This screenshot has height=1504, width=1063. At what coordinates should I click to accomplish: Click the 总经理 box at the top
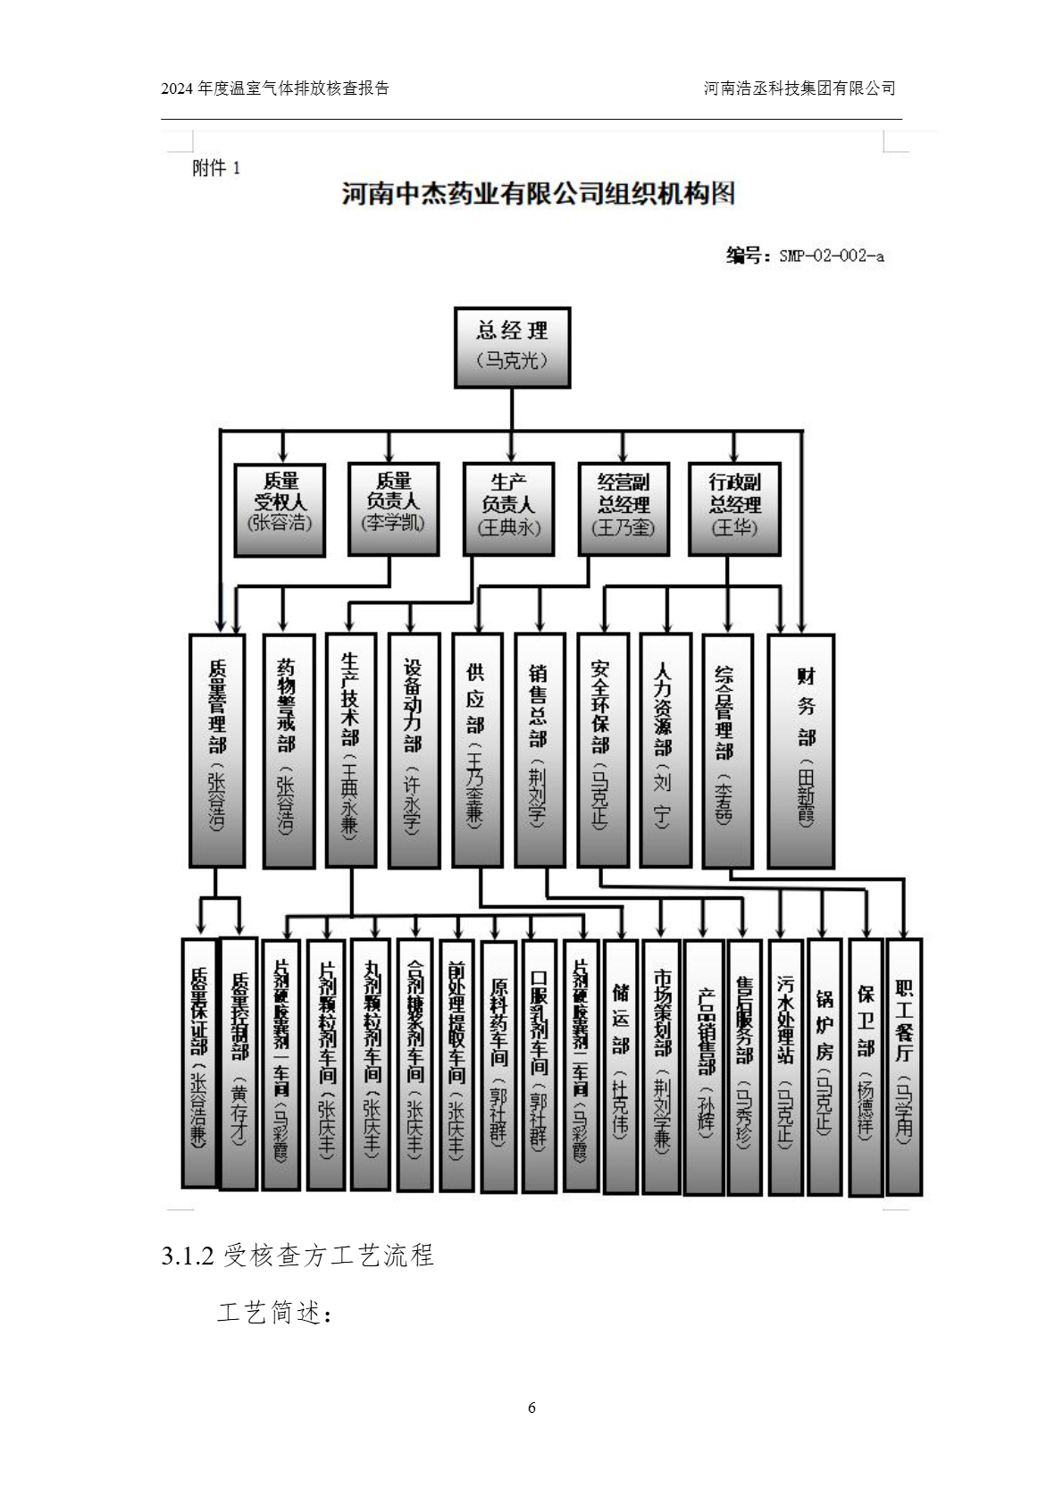pyautogui.click(x=512, y=348)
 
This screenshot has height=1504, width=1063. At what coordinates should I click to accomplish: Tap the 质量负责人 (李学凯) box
pyautogui.click(x=393, y=509)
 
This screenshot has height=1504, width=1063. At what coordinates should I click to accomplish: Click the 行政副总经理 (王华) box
pyautogui.click(x=734, y=509)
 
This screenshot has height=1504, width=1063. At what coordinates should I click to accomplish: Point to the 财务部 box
pyautogui.click(x=802, y=751)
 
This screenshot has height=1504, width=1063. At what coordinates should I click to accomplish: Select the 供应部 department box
pyautogui.click(x=477, y=751)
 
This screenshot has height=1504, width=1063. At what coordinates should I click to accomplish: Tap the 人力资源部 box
pyautogui.click(x=665, y=751)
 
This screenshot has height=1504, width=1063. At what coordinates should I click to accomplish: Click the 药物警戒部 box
pyautogui.click(x=289, y=751)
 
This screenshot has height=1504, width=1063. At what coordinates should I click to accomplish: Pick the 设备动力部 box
pyautogui.click(x=414, y=751)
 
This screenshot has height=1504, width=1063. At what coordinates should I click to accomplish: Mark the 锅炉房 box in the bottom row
pyautogui.click(x=824, y=1066)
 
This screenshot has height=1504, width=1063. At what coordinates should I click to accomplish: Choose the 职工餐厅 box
pyautogui.click(x=903, y=1066)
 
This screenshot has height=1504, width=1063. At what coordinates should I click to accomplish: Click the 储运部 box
pyautogui.click(x=622, y=1066)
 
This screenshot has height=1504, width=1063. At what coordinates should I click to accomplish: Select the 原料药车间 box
pyautogui.click(x=498, y=1066)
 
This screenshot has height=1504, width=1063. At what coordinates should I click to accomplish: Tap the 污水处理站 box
pyautogui.click(x=785, y=1066)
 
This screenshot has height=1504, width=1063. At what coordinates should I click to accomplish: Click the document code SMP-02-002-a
pyautogui.click(x=831, y=256)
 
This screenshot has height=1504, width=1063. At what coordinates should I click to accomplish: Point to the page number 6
pyautogui.click(x=531, y=1407)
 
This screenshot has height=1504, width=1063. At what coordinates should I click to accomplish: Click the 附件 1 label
pyautogui.click(x=216, y=168)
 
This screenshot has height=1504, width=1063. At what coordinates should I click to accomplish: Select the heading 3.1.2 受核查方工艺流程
pyautogui.click(x=297, y=1256)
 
